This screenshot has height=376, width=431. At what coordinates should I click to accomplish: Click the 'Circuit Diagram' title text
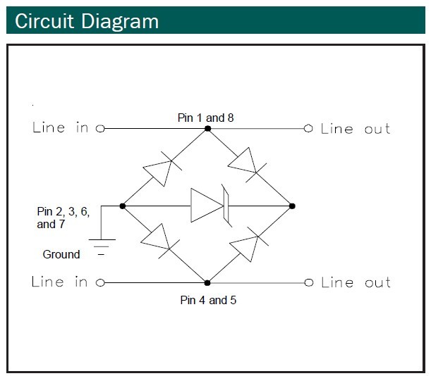point(87,20)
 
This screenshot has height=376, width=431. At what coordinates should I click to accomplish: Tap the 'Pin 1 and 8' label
point(205,118)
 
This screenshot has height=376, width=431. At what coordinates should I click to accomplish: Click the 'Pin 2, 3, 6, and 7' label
point(63,218)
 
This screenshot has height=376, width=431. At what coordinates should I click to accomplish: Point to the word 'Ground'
point(61,254)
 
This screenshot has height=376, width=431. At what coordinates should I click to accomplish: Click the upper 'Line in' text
point(60,128)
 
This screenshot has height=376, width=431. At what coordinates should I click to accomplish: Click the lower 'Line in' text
point(60,282)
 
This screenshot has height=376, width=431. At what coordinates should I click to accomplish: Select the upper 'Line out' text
point(356,129)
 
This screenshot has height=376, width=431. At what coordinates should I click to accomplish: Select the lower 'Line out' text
point(356,282)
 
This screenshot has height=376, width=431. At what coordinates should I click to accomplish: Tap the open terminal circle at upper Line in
point(100,129)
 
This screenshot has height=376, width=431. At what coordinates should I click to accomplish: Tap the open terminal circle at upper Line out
point(308,129)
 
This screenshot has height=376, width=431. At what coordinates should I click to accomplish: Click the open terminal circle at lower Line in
point(100,282)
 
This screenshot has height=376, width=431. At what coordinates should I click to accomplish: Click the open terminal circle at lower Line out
point(308,282)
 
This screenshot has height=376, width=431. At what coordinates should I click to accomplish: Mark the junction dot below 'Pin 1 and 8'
point(207,129)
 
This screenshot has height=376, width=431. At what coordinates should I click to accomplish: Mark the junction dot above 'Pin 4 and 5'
point(207,282)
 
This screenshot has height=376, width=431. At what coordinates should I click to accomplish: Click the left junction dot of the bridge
point(123,206)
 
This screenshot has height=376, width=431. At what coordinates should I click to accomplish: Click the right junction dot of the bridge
point(292,206)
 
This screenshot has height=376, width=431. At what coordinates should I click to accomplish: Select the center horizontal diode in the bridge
point(207,206)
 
